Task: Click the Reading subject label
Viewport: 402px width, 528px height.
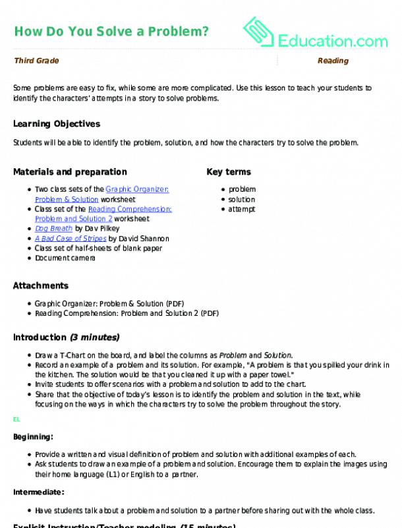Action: coord(333,61)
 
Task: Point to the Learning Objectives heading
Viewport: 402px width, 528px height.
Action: coord(57,123)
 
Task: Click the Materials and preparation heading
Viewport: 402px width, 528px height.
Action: coord(70,172)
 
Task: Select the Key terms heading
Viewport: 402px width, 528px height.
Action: coord(229,172)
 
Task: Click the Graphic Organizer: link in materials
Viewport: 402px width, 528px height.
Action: coord(137,189)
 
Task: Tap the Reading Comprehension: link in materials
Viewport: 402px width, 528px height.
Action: coord(130,209)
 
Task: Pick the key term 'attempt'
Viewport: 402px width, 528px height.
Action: coord(241,209)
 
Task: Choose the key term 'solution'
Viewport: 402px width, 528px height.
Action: coord(241,199)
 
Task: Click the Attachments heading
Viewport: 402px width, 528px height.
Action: coord(41,286)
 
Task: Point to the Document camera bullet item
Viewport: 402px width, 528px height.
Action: coord(65,258)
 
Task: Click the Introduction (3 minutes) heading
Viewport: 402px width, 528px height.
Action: coord(66,337)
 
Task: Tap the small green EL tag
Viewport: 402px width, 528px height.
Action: coord(16,419)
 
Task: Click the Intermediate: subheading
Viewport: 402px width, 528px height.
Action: coord(38,492)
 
